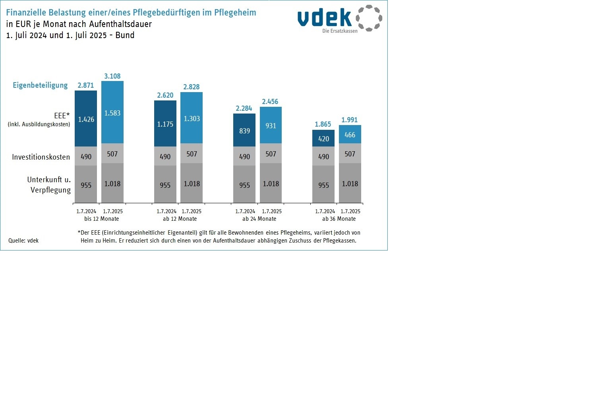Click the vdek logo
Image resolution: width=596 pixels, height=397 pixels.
pyautogui.click(x=340, y=19)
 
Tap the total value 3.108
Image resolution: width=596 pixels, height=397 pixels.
pyautogui.click(x=112, y=76)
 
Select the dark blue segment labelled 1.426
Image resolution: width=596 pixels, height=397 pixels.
pyautogui.click(x=86, y=119)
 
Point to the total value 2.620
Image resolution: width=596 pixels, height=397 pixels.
pyautogui.click(x=165, y=95)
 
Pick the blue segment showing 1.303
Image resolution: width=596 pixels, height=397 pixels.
pyautogui.click(x=192, y=118)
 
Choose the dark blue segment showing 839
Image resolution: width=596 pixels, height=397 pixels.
pyautogui.click(x=244, y=130)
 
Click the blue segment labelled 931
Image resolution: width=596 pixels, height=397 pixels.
pyautogui.click(x=271, y=125)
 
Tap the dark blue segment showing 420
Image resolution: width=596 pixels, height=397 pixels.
pyautogui.click(x=323, y=138)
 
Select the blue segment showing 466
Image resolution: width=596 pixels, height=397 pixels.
pyautogui.click(x=350, y=134)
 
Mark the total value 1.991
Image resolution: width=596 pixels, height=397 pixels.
pyautogui.click(x=350, y=120)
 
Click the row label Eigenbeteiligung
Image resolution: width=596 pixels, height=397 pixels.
pyautogui.click(x=40, y=85)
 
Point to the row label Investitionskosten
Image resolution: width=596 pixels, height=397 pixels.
pyautogui.click(x=41, y=157)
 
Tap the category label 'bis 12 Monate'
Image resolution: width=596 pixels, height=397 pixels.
pyautogui.click(x=101, y=219)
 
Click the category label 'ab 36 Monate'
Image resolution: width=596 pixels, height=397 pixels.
pyautogui.click(x=339, y=219)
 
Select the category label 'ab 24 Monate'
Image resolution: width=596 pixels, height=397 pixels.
pyautogui.click(x=259, y=219)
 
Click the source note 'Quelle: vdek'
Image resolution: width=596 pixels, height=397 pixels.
pyautogui.click(x=23, y=241)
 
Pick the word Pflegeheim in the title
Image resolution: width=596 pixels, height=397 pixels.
pyautogui.click(x=235, y=12)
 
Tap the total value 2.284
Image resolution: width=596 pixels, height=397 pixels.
pyautogui.click(x=244, y=108)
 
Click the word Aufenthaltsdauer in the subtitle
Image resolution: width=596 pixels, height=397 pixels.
pyautogui.click(x=120, y=24)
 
